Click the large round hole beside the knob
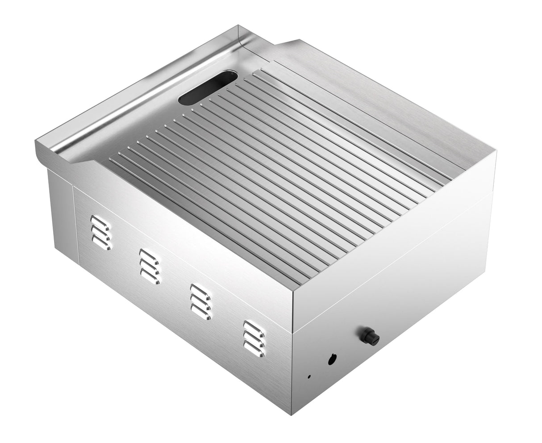point(332,359)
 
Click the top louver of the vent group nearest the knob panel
point(254,326)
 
